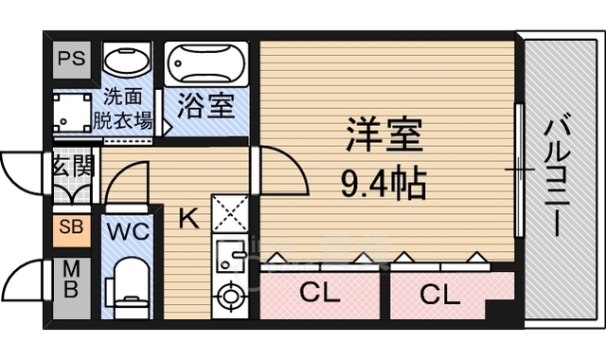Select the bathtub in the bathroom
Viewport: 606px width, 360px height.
coord(206,64)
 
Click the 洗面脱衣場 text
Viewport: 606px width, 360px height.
coord(124,108)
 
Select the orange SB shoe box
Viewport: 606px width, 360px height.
coord(71,227)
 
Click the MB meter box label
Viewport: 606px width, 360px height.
coord(71,281)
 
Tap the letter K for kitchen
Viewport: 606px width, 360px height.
coord(188,220)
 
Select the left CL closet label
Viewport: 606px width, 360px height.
coord(319,294)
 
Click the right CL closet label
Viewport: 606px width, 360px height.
coord(440,294)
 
